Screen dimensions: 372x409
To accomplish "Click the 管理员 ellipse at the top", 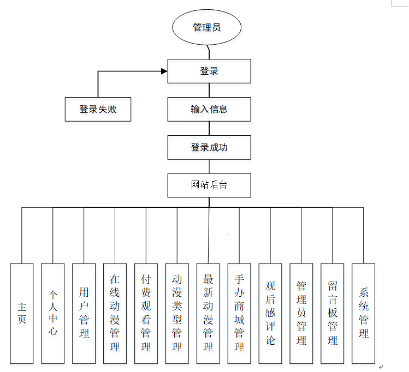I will (206, 27).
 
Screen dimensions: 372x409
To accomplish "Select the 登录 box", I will (209, 71).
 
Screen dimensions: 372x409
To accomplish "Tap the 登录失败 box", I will (98, 109).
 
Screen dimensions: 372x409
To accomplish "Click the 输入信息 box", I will (209, 109).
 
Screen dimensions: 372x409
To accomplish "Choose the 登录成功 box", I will (209, 147).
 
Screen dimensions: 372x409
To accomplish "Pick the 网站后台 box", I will (209, 185).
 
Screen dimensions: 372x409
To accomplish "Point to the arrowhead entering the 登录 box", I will (164, 71).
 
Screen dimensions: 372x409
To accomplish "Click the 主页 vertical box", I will (22, 314).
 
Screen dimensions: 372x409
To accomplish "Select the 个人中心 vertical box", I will (53, 314).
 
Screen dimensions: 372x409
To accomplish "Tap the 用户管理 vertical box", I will (84, 314).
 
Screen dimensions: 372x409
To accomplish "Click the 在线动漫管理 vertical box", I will (115, 314).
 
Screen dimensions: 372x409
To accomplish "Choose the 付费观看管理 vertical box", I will (146, 314).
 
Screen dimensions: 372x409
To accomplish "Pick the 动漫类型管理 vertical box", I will (177, 314).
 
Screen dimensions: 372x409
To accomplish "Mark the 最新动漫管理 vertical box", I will (208, 314).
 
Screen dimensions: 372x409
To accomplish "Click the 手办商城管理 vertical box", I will (239, 314).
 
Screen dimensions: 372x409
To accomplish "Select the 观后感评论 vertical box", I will (270, 314).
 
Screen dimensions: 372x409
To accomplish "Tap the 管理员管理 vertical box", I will (301, 314).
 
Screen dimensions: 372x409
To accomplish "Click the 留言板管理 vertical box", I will (333, 314).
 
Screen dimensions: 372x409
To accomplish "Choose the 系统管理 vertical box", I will (364, 314).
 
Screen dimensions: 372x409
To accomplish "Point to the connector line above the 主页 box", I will (22, 235).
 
